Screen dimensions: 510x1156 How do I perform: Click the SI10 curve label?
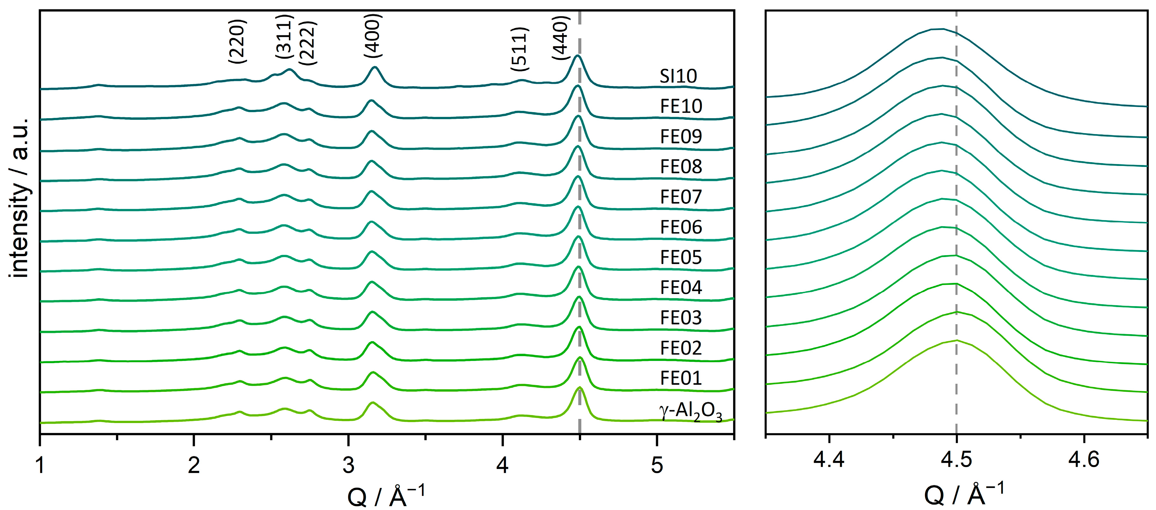pyautogui.click(x=678, y=76)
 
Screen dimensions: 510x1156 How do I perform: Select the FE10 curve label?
pyautogui.click(x=681, y=106)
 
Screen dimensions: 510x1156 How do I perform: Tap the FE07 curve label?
pyautogui.click(x=681, y=197)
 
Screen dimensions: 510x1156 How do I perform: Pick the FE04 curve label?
pyautogui.click(x=681, y=288)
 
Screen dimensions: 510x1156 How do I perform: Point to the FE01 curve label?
pyautogui.click(x=681, y=378)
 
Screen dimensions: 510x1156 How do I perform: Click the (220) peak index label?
pyautogui.click(x=237, y=41)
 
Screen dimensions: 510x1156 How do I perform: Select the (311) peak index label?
pyautogui.click(x=284, y=37)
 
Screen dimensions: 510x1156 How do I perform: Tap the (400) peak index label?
pyautogui.click(x=372, y=36)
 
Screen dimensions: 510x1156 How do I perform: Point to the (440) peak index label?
pyautogui.click(x=561, y=38)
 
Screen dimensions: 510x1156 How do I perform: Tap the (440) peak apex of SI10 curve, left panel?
pyautogui.click(x=578, y=56)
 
